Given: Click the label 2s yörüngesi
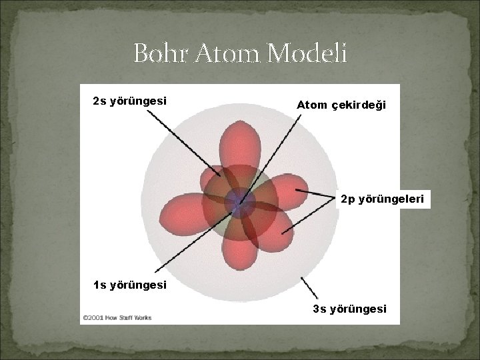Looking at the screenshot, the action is click(129, 101).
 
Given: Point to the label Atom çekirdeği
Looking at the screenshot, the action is click(341, 105).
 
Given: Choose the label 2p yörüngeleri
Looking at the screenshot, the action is click(385, 199).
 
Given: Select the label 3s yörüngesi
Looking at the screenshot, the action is click(349, 309).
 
